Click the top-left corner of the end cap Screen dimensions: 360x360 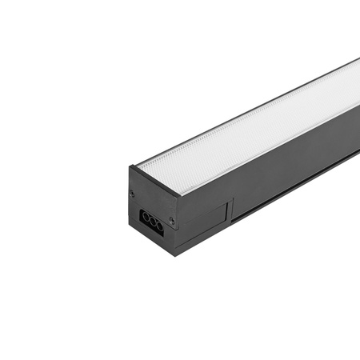(130, 166)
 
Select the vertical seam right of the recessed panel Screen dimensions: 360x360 (230, 213)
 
